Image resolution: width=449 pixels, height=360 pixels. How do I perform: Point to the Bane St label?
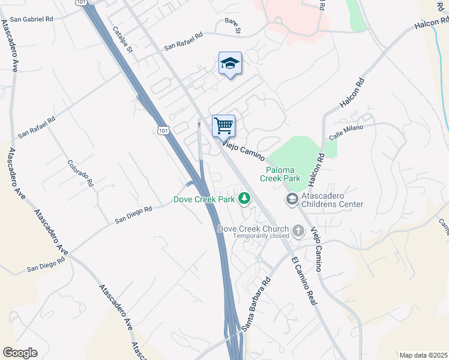pyautogui.click(x=232, y=26)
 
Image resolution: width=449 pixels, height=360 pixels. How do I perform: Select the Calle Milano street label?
pyautogui.click(x=346, y=132)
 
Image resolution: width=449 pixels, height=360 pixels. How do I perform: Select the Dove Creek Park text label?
pyautogui.click(x=203, y=200)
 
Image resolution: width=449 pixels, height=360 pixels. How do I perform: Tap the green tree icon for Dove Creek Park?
pyautogui.click(x=244, y=198)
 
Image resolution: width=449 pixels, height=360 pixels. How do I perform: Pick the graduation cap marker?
pyautogui.click(x=230, y=63)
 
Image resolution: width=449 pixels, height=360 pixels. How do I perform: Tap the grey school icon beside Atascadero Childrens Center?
pyautogui.click(x=292, y=199)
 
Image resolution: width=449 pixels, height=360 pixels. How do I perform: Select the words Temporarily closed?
pyautogui.click(x=261, y=236)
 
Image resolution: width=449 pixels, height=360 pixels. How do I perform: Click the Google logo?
pyautogui.click(x=20, y=353)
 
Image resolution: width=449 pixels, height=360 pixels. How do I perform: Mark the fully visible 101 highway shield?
pyautogui.click(x=163, y=129)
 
